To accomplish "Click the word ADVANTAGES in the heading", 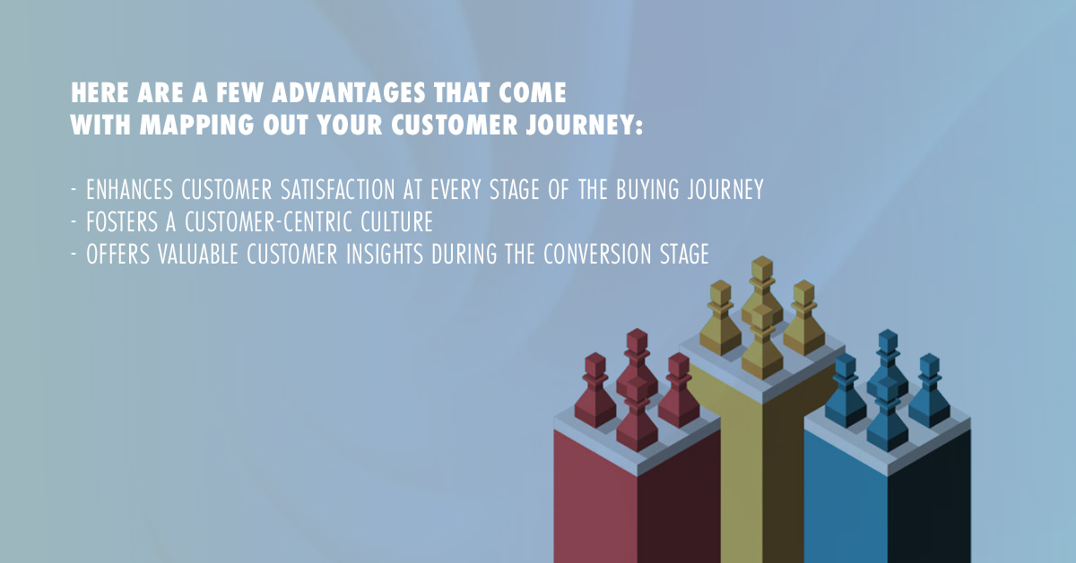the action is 349,92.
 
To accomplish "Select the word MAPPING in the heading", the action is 197,125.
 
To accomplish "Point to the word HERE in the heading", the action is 100,92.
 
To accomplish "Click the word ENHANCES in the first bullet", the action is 130,189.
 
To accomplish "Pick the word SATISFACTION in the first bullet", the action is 338,189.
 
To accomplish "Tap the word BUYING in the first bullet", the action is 647,189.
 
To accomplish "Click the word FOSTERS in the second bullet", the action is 122,222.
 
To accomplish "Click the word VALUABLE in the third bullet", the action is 198,254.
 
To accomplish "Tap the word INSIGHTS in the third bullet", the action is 385,254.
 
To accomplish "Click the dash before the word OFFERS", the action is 74,254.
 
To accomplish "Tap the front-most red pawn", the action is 637,414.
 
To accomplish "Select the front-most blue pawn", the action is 887,414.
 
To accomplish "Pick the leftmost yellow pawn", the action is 721,318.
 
